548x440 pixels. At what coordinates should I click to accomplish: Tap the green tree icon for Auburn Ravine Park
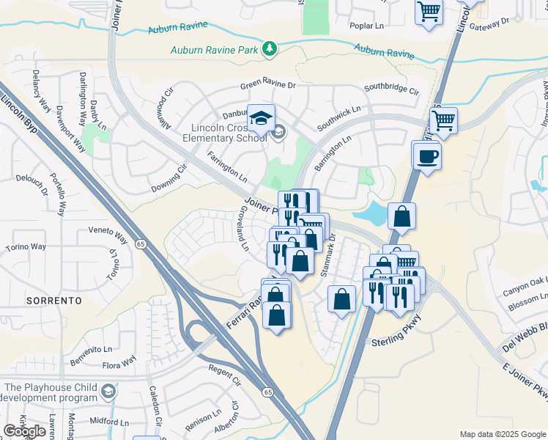tap(271, 49)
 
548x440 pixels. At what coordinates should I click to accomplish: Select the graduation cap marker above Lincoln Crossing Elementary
tap(260, 117)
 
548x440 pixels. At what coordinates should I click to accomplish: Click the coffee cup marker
tap(426, 155)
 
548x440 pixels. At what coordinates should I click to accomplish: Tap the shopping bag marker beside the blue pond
tap(401, 216)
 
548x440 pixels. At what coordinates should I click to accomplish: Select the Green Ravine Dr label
tap(268, 86)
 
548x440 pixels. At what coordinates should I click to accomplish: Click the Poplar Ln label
tap(368, 26)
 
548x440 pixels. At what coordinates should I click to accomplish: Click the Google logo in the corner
tap(24, 430)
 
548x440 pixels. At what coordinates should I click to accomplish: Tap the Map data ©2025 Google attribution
tap(502, 434)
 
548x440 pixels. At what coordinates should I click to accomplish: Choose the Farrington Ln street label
tap(227, 166)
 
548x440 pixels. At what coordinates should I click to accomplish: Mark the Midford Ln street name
tap(108, 422)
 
